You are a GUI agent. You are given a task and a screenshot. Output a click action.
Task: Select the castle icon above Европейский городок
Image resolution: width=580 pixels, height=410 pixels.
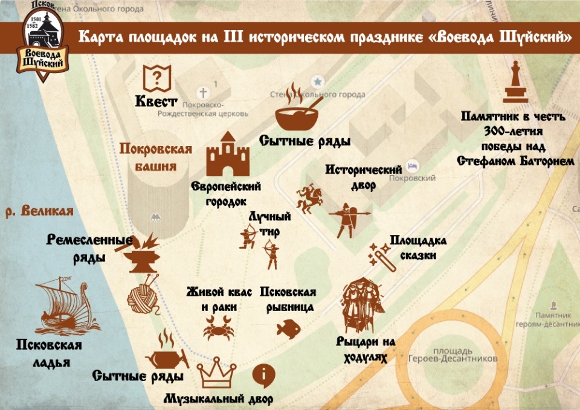coord(228,155)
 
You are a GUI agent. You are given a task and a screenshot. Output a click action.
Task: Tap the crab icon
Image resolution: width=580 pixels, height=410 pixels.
coord(215,330)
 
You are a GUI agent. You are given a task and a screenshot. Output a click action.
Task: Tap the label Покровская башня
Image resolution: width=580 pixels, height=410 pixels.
coord(156,156)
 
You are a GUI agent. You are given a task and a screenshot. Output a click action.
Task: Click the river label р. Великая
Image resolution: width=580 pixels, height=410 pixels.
coord(39,211)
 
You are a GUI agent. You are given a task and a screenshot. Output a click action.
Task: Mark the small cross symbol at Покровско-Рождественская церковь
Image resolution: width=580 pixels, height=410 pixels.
coord(204,92)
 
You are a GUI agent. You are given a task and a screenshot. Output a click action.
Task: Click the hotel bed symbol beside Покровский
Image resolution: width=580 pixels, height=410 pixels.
coord(413,164)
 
